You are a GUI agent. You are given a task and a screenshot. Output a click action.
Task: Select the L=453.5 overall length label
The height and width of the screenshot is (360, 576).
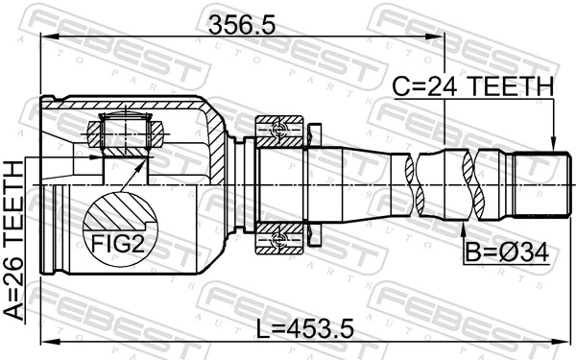(x=305, y=329)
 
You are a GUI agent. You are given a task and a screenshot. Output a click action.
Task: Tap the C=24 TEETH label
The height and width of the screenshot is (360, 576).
(x=472, y=87)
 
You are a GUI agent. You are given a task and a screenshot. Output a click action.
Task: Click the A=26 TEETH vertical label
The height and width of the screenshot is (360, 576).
(x=14, y=241)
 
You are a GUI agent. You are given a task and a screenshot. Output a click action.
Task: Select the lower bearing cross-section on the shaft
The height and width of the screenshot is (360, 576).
(x=279, y=238)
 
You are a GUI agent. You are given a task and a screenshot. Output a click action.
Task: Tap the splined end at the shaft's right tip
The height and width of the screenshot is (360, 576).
(x=538, y=184)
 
